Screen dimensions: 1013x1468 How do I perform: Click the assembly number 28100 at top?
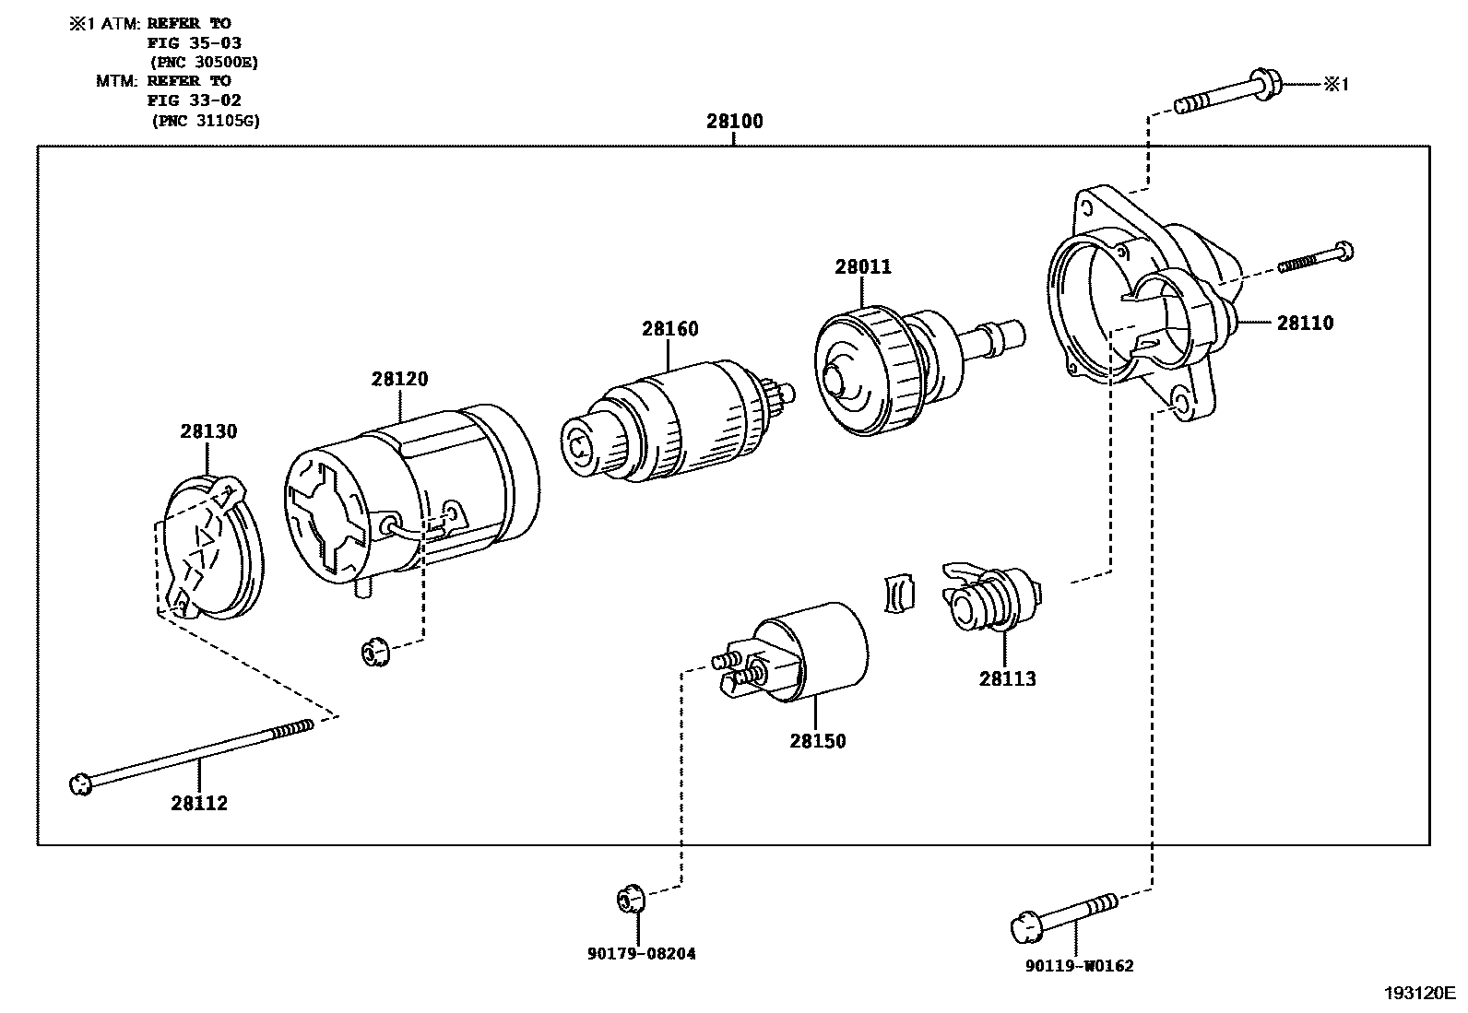(x=734, y=121)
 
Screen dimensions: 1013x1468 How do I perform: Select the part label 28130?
(x=208, y=431)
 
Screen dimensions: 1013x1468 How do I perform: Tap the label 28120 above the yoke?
(x=400, y=379)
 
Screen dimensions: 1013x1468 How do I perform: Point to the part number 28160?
(x=670, y=329)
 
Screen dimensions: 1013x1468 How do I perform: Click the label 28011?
(x=863, y=267)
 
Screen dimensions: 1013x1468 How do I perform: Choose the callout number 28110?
(x=1305, y=324)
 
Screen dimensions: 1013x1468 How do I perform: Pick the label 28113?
(x=1007, y=678)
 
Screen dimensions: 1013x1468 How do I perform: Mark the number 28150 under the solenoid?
(x=817, y=741)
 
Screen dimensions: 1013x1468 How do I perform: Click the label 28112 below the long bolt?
(x=198, y=803)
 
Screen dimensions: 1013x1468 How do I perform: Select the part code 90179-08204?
(x=641, y=954)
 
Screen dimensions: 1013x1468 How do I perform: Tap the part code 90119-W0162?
(x=1078, y=966)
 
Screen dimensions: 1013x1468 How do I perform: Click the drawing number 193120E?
(x=1418, y=994)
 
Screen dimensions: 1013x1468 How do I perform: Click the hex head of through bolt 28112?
(x=81, y=785)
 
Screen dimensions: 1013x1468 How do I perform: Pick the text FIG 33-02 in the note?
(x=194, y=100)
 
